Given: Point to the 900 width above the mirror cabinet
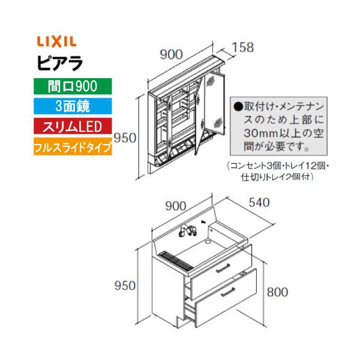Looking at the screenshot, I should (x=172, y=55).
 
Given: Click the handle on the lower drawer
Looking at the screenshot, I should (x=230, y=293).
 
